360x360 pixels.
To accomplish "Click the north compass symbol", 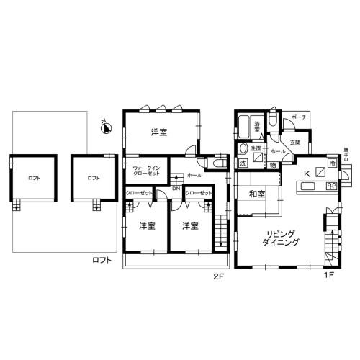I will (104, 129).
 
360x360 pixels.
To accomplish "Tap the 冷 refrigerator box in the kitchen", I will (332, 164).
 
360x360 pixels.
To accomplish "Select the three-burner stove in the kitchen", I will (332, 187).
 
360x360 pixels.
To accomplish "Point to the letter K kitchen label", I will (306, 174).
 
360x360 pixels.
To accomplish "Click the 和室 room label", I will (257, 194).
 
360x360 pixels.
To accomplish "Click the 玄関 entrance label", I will (295, 143).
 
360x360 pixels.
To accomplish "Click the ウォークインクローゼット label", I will (145, 171).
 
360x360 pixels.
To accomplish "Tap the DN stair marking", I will (176, 189).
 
